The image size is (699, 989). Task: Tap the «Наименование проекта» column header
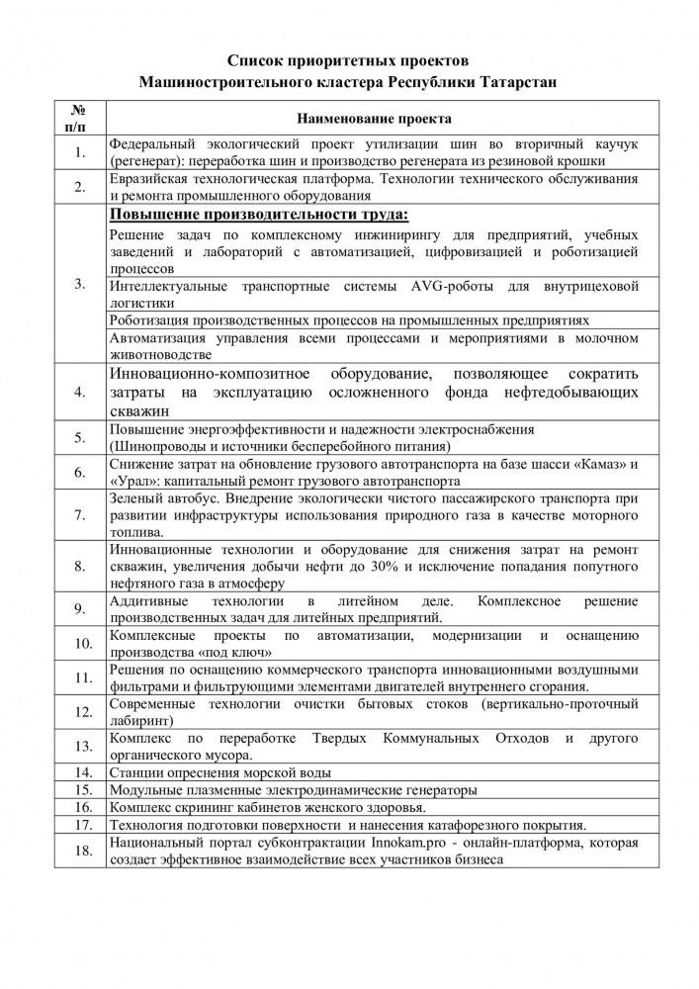[x=372, y=119]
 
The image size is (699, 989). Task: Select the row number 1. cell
[x=81, y=153]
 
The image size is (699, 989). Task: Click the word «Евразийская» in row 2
[x=149, y=178]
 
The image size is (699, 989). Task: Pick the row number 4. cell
[x=81, y=392]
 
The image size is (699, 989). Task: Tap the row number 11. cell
[x=81, y=677]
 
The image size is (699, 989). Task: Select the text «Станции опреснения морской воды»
[x=219, y=772]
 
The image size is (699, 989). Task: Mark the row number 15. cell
[x=81, y=789]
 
